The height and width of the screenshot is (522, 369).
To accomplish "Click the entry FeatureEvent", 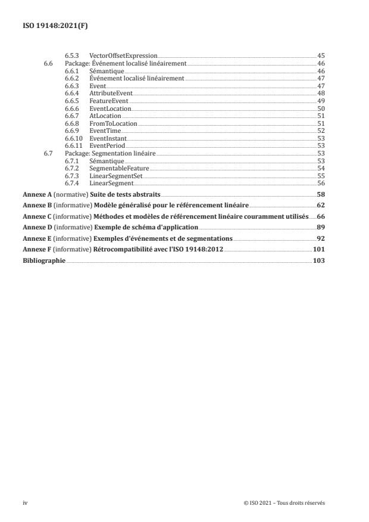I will coord(108,101).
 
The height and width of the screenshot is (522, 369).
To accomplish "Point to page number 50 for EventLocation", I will coord(320,108).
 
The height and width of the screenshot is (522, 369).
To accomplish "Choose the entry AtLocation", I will coord(105,116).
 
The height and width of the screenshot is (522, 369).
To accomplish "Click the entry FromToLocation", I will coord(113,123).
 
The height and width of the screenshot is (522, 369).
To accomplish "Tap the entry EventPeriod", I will coord(107,145).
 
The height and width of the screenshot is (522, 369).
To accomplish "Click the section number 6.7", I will coord(48,153).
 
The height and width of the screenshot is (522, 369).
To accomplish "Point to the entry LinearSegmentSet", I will coord(115,176).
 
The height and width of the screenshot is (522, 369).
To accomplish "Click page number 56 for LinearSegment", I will coord(320,183).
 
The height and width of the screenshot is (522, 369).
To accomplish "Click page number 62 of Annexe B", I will coord(320,205).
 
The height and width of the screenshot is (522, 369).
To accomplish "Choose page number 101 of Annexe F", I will coord(319,248).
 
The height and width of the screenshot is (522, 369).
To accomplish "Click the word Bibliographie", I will coord(43,260).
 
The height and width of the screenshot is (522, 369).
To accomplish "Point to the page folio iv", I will coord(25,503).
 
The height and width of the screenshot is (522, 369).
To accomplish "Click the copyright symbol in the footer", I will coord(246,503).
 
